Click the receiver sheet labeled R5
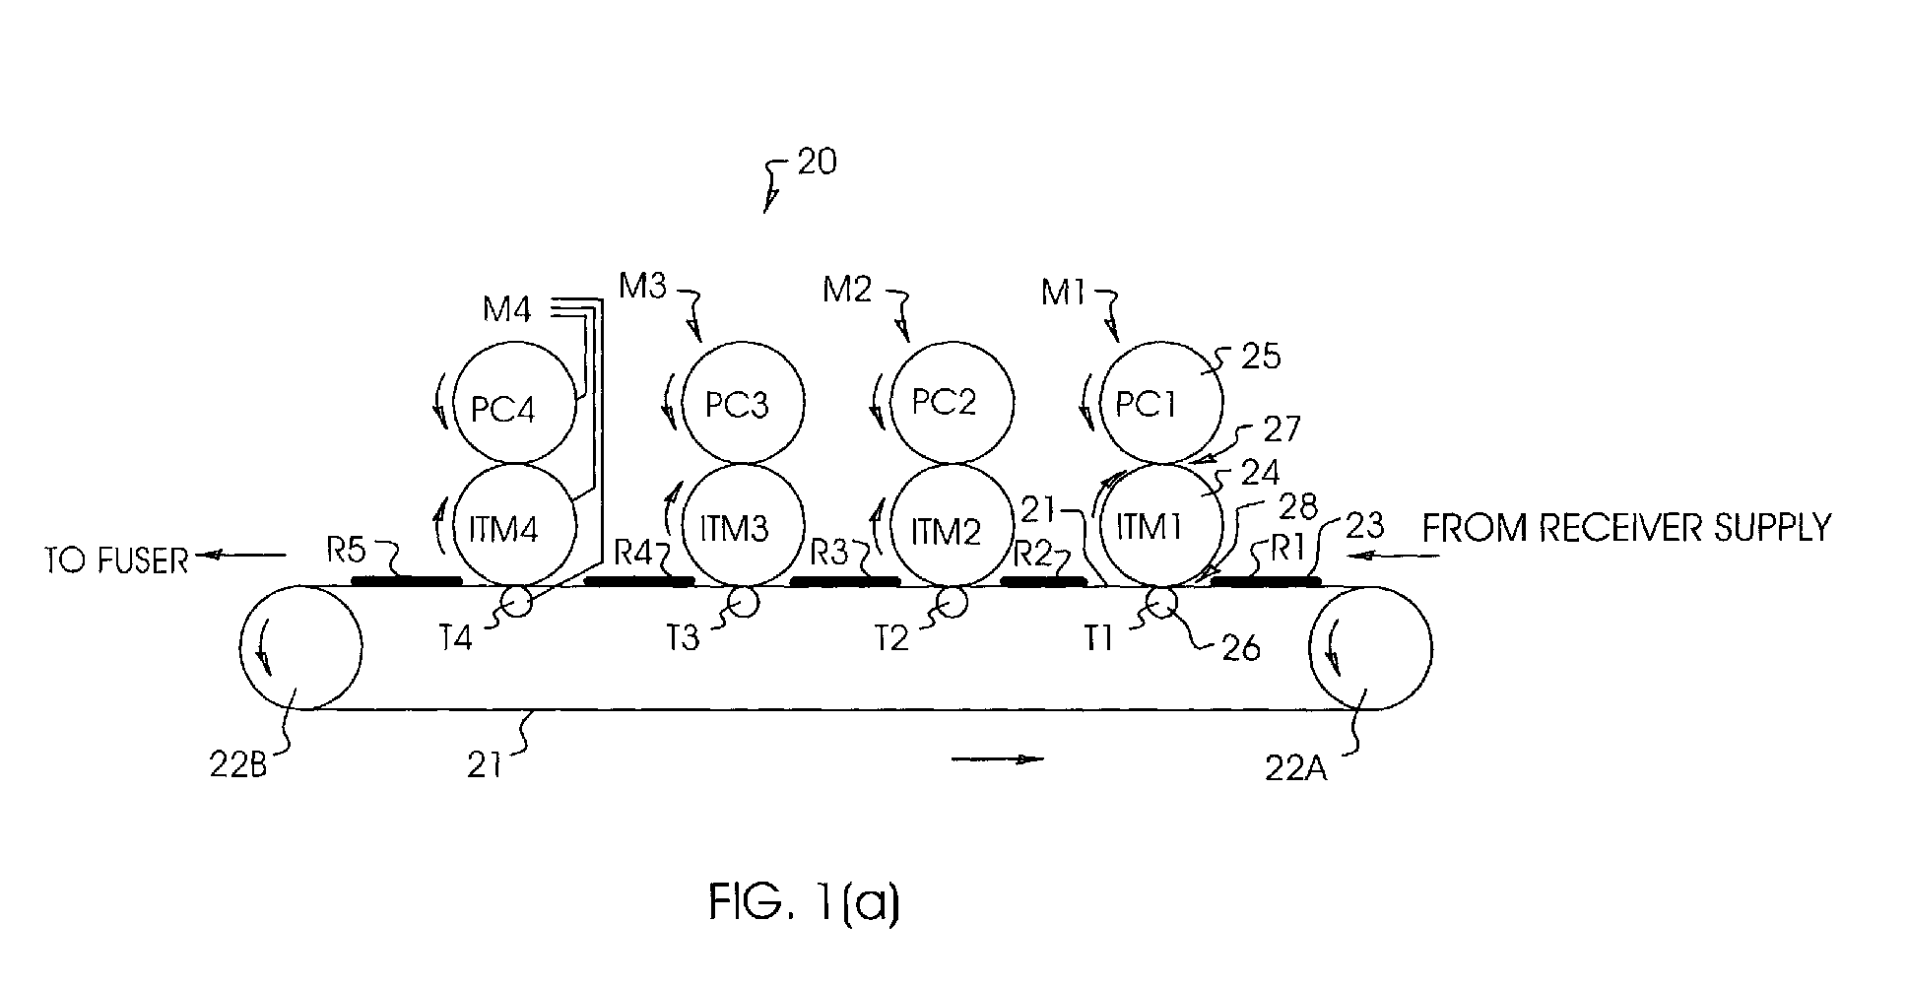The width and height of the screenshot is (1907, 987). point(407,581)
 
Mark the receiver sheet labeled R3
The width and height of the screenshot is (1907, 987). point(845,581)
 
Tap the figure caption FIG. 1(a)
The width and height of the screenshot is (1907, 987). point(804,903)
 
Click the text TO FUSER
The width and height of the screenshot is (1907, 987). point(116,560)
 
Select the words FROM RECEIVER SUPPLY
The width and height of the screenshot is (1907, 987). point(1626,528)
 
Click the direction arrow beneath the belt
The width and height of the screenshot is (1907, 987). point(998,758)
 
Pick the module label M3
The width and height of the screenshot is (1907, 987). point(642,287)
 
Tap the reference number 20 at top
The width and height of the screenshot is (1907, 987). point(817,162)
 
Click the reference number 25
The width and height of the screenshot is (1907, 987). point(1261,356)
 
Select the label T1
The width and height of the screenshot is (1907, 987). point(1097,639)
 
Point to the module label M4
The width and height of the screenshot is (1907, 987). point(507,311)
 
